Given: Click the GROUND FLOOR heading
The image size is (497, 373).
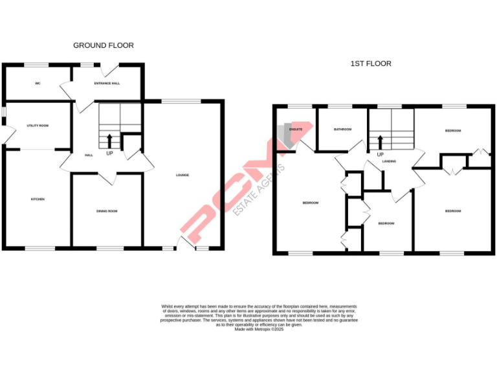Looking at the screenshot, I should click(104, 45).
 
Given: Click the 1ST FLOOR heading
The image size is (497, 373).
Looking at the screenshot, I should click(371, 63).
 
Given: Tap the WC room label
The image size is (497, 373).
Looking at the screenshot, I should click(38, 84).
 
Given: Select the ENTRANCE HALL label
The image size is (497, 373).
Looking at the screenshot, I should click(107, 84).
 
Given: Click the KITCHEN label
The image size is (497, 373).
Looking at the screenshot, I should click(38, 199).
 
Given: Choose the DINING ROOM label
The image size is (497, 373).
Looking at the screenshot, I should click(107, 211).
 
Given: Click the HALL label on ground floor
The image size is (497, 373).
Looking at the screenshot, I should click(90, 155).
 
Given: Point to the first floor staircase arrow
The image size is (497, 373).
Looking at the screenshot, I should click(380, 141).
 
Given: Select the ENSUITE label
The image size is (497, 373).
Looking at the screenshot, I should click(296, 130).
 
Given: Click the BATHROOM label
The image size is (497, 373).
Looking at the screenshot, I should click(342, 130).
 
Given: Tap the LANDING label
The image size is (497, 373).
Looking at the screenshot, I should click(388, 161).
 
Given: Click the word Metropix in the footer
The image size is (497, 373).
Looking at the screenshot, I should click(260, 329).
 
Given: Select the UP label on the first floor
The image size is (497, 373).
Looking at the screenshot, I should click(381, 155).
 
